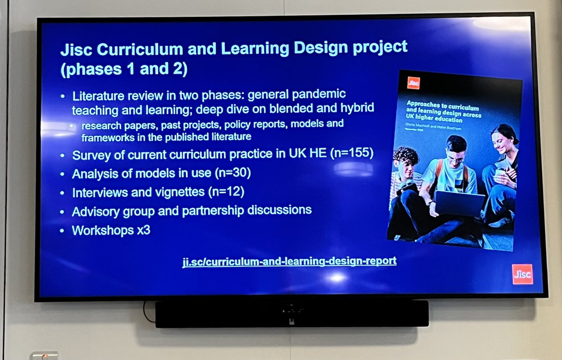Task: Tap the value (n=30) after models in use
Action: [234, 173]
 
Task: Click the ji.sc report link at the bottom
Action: [289, 261]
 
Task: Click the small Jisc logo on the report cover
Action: [413, 83]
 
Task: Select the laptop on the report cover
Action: [459, 202]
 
